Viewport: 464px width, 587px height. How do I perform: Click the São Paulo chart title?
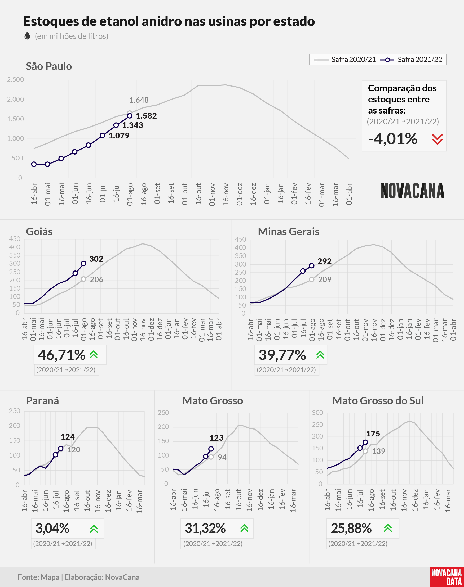click(49, 66)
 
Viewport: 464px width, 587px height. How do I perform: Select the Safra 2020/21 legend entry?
click(344, 60)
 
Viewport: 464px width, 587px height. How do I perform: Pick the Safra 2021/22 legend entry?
click(411, 60)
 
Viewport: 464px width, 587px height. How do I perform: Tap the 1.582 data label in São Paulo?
click(146, 116)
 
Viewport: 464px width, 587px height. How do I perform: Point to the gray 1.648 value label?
click(139, 100)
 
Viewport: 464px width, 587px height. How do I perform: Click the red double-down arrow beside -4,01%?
click(438, 139)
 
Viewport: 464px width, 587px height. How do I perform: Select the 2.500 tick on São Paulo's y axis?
click(15, 79)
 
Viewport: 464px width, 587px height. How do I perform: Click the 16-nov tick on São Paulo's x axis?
click(226, 194)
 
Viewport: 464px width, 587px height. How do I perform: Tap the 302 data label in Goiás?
click(96, 259)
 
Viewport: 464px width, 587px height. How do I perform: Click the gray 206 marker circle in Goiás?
click(84, 279)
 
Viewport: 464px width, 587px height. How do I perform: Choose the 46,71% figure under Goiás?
click(62, 355)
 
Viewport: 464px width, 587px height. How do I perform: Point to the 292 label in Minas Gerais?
click(324, 261)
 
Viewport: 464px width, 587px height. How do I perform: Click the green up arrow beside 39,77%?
click(320, 355)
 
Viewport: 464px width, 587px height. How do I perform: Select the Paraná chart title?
click(42, 401)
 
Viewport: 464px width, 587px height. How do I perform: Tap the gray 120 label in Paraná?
click(74, 449)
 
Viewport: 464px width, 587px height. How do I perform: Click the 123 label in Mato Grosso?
click(216, 437)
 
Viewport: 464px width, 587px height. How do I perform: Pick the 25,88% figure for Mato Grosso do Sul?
click(351, 528)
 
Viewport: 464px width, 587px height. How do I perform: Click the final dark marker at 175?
click(365, 442)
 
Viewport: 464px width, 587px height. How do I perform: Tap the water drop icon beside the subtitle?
click(27, 36)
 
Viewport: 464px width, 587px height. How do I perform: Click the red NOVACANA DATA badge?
click(447, 577)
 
